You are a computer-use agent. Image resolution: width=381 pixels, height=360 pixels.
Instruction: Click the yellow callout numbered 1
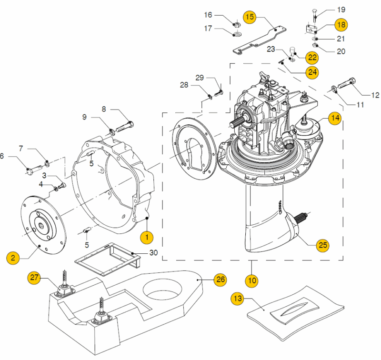tap(147, 236)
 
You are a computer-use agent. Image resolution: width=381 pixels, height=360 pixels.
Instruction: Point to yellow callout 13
tap(237, 299)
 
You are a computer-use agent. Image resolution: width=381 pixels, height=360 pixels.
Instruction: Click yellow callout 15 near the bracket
tap(250, 17)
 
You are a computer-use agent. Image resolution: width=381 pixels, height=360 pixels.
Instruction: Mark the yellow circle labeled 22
tap(312, 57)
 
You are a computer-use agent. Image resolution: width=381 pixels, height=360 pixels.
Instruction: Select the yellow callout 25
tap(322, 245)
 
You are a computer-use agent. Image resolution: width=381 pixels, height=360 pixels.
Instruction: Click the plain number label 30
tap(153, 252)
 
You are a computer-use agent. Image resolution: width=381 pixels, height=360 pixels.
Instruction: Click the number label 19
tap(341, 10)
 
